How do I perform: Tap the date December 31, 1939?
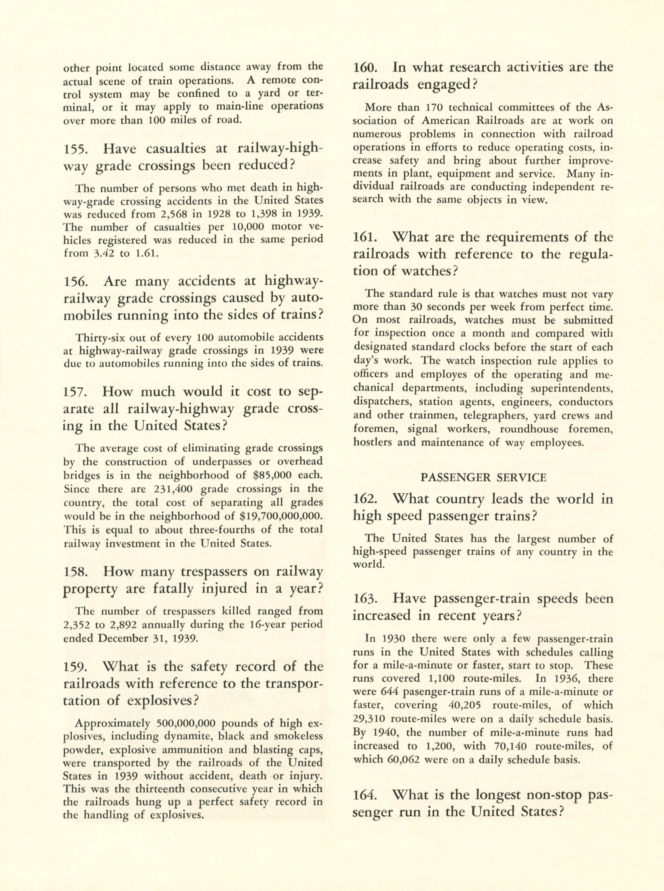(x=146, y=639)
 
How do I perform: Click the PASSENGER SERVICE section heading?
(x=483, y=477)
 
